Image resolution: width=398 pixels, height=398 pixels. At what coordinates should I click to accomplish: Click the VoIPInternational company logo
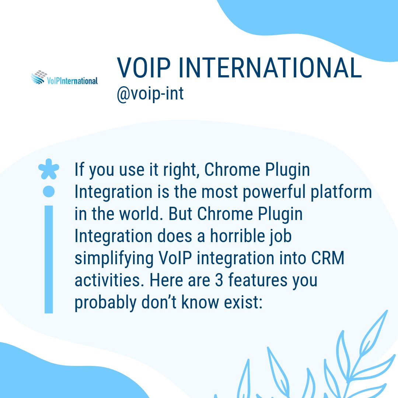coord(64,78)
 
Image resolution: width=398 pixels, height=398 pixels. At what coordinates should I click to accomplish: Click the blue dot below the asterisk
coord(49,191)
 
